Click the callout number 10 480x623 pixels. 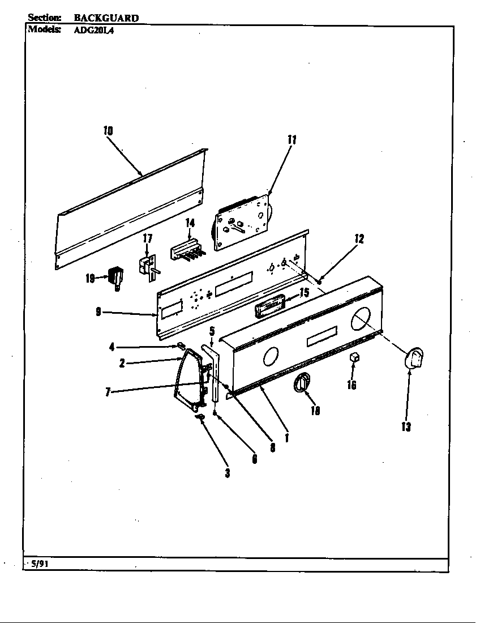[x=108, y=131]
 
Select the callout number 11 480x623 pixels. [x=292, y=140]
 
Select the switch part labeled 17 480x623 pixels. [x=148, y=265]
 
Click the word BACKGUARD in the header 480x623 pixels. [x=106, y=18]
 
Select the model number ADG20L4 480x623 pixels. [x=94, y=31]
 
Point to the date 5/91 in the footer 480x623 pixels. [x=37, y=564]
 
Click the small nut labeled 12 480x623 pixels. [x=320, y=280]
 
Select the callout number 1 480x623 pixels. [x=287, y=438]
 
